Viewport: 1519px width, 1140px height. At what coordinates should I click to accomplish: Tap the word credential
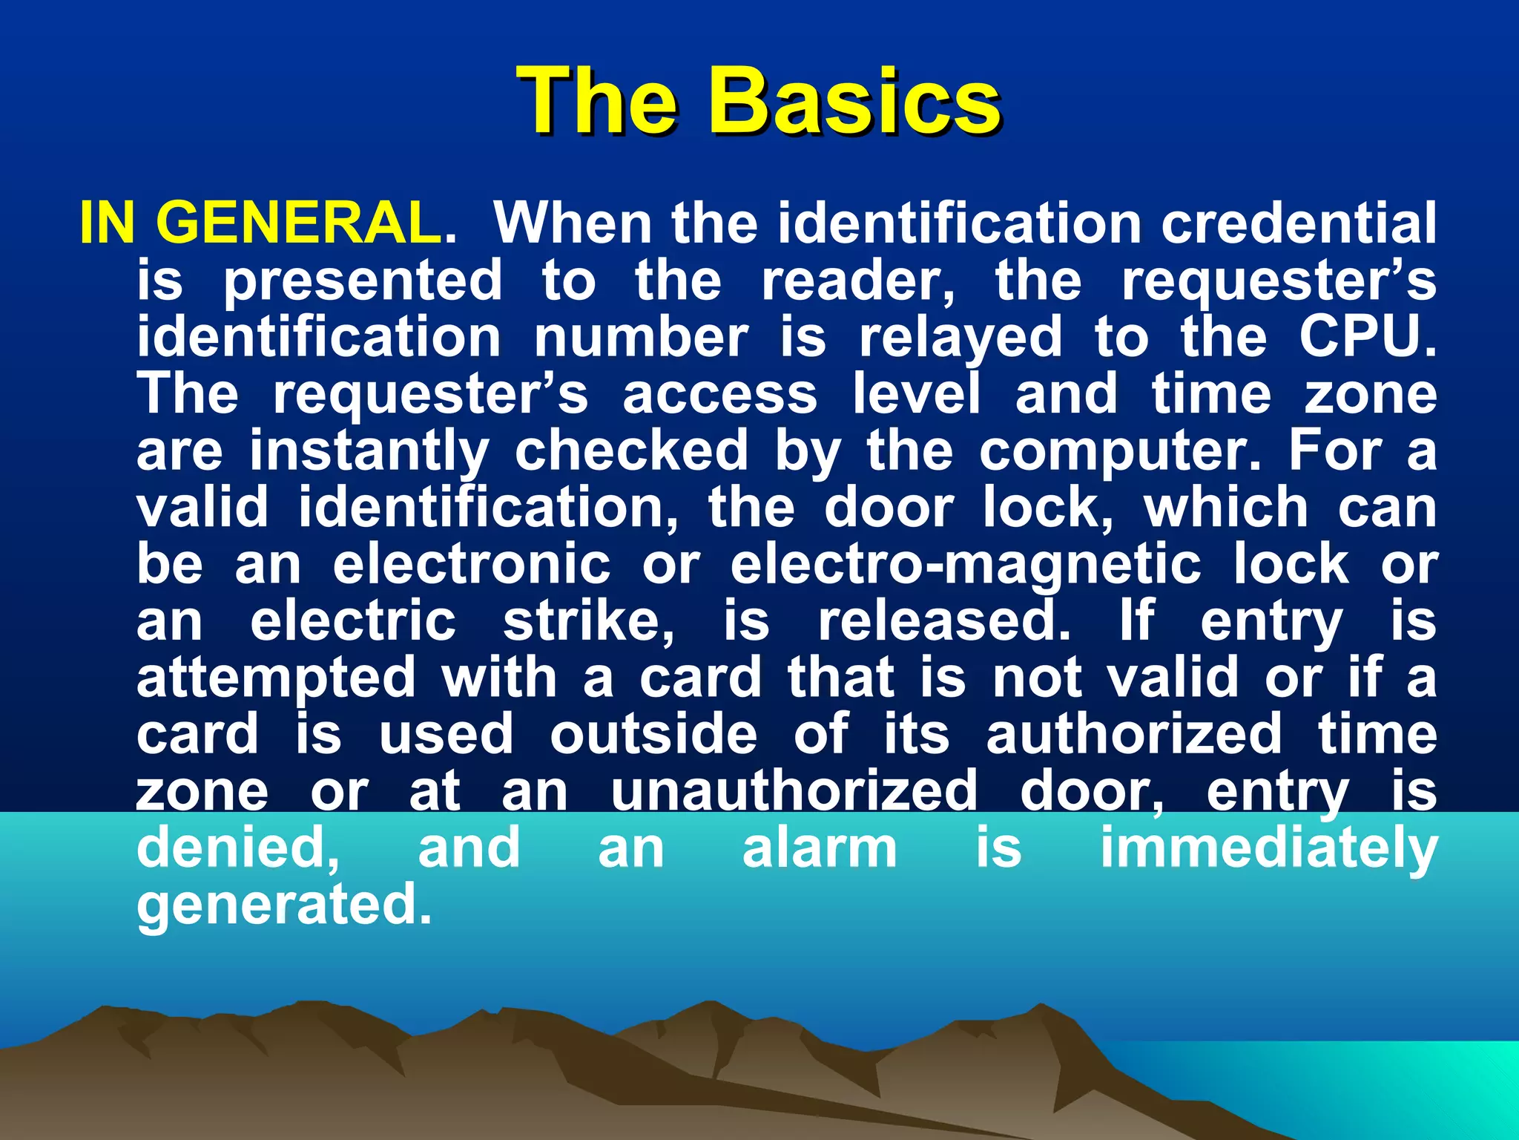pyautogui.click(x=1299, y=222)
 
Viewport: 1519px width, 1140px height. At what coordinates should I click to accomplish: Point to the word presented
pyautogui.click(x=363, y=281)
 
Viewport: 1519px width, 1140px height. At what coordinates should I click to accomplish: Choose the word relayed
pyautogui.click(x=961, y=338)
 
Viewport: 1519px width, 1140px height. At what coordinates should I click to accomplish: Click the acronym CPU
pyautogui.click(x=1366, y=336)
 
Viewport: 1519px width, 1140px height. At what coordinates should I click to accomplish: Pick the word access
pyautogui.click(x=719, y=394)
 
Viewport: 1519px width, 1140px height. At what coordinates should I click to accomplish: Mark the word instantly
pyautogui.click(x=369, y=451)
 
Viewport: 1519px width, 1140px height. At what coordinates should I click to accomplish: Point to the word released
pyautogui.click(x=943, y=621)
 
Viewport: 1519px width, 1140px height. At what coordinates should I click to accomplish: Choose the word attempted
pyautogui.click(x=276, y=678)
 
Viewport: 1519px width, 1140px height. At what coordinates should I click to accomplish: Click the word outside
pyautogui.click(x=653, y=735)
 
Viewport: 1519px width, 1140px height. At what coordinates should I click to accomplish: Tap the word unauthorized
pyautogui.click(x=794, y=791)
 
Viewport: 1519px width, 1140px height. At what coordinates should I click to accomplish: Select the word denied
pyautogui.click(x=237, y=848)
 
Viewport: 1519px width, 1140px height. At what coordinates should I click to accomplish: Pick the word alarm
pyautogui.click(x=820, y=848)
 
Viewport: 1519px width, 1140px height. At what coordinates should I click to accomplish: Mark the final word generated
pyautogui.click(x=283, y=905)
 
